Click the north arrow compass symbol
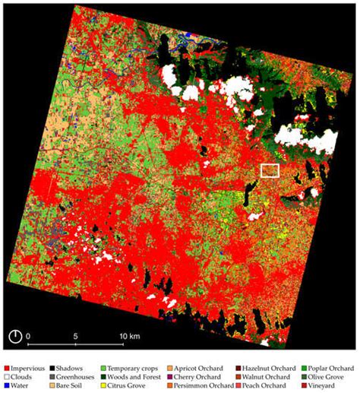pyautogui.click(x=14, y=336)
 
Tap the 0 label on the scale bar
pyautogui.click(x=28, y=335)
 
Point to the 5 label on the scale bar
pyautogui.click(x=76, y=335)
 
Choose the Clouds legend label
pyautogui.click(x=26, y=377)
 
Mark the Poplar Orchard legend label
pyautogui.click(x=336, y=368)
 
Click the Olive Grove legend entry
pyautogui.click(x=335, y=377)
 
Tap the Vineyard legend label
pyautogui.click(x=331, y=386)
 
